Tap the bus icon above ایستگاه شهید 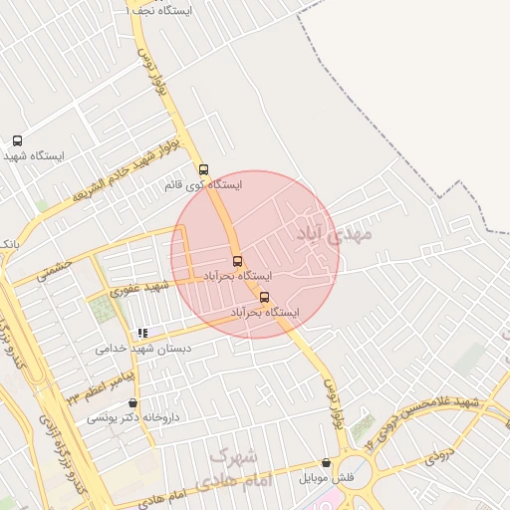coord(17,140)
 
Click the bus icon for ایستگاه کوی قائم coord(204,169)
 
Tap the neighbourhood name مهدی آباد coord(333,234)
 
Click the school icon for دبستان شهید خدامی coord(143,333)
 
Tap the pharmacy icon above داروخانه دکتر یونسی coord(132,402)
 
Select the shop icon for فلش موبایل coord(327,462)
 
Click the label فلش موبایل coord(327,478)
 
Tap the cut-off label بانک coord(8,244)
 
